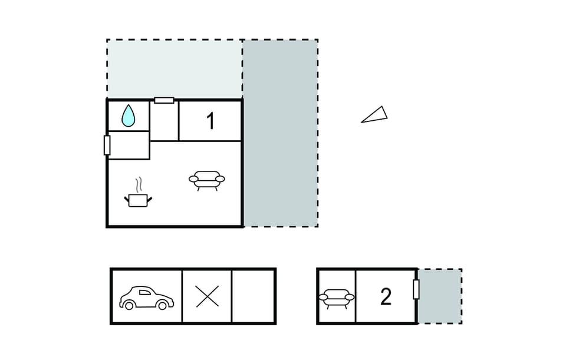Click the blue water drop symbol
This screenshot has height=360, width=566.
(128, 116)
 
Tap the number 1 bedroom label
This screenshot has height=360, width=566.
(210, 121)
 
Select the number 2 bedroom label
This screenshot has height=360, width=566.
(386, 297)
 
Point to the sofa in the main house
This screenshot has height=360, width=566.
(207, 180)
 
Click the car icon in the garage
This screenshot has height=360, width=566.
(147, 298)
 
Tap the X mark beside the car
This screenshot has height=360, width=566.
(207, 296)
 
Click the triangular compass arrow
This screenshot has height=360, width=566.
(374, 115)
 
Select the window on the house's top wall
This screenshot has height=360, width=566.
(164, 100)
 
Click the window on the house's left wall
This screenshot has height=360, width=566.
(107, 146)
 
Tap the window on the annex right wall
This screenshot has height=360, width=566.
(416, 289)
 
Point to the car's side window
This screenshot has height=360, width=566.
(145, 292)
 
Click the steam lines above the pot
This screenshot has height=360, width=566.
(138, 185)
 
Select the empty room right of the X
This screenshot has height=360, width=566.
(253, 296)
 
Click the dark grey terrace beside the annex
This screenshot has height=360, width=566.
(440, 296)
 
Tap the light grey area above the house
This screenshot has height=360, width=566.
(175, 68)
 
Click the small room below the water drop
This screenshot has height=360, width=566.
(129, 145)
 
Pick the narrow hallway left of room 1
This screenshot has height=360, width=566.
(164, 121)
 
